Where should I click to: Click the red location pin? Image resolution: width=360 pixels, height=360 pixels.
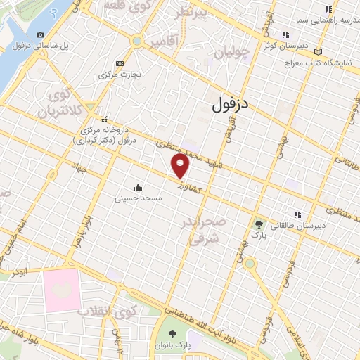(181, 166)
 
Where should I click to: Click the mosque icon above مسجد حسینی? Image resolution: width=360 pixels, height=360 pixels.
(139, 188)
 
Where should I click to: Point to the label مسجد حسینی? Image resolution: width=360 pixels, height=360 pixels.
(139, 199)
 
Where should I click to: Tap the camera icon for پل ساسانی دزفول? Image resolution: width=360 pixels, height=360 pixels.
(40, 35)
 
